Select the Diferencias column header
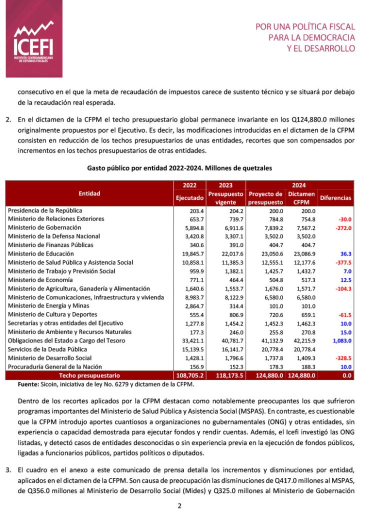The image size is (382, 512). tap(335, 198)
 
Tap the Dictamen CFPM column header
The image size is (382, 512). tap(301, 198)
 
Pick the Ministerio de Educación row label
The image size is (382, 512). tap(41, 254)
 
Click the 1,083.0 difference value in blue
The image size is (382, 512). tap(340, 340)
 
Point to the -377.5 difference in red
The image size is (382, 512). tap(342, 262)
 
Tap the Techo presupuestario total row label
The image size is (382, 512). tap(89, 375)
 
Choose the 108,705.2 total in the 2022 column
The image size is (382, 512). tap(188, 375)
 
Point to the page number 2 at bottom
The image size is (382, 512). tap(179, 505)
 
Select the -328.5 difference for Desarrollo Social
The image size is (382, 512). tap(342, 358)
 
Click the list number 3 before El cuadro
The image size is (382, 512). tap(8, 470)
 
